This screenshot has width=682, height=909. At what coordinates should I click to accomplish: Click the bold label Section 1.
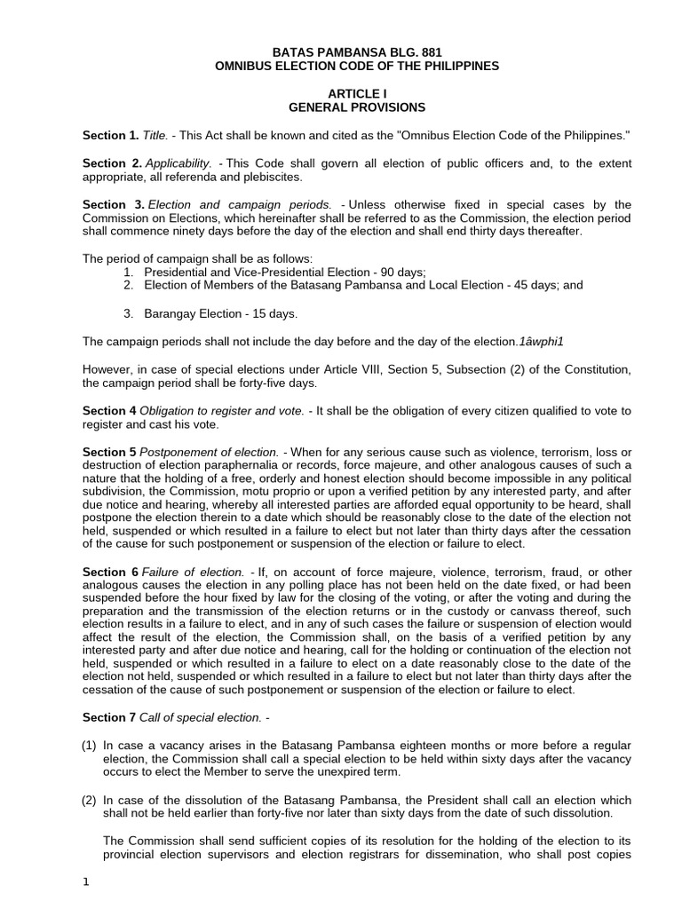(110, 135)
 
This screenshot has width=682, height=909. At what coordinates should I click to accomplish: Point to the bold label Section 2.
(112, 163)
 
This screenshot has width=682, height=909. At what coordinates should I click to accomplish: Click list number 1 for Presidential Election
(128, 272)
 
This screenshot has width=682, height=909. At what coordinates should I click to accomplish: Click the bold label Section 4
(109, 411)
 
